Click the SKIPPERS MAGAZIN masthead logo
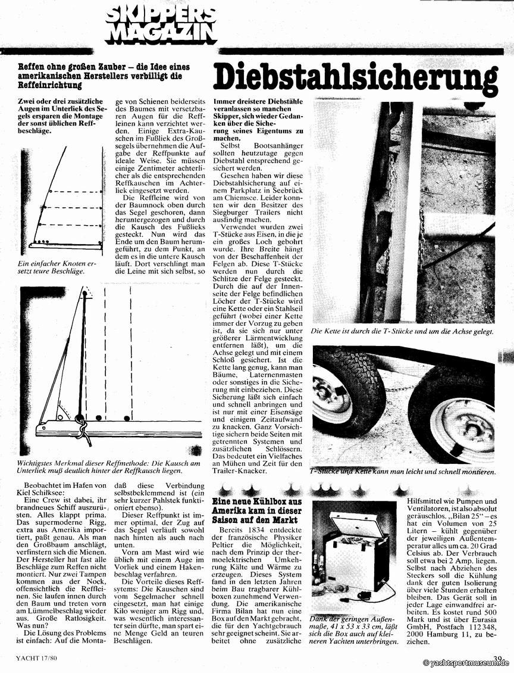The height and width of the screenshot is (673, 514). click(160, 24)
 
